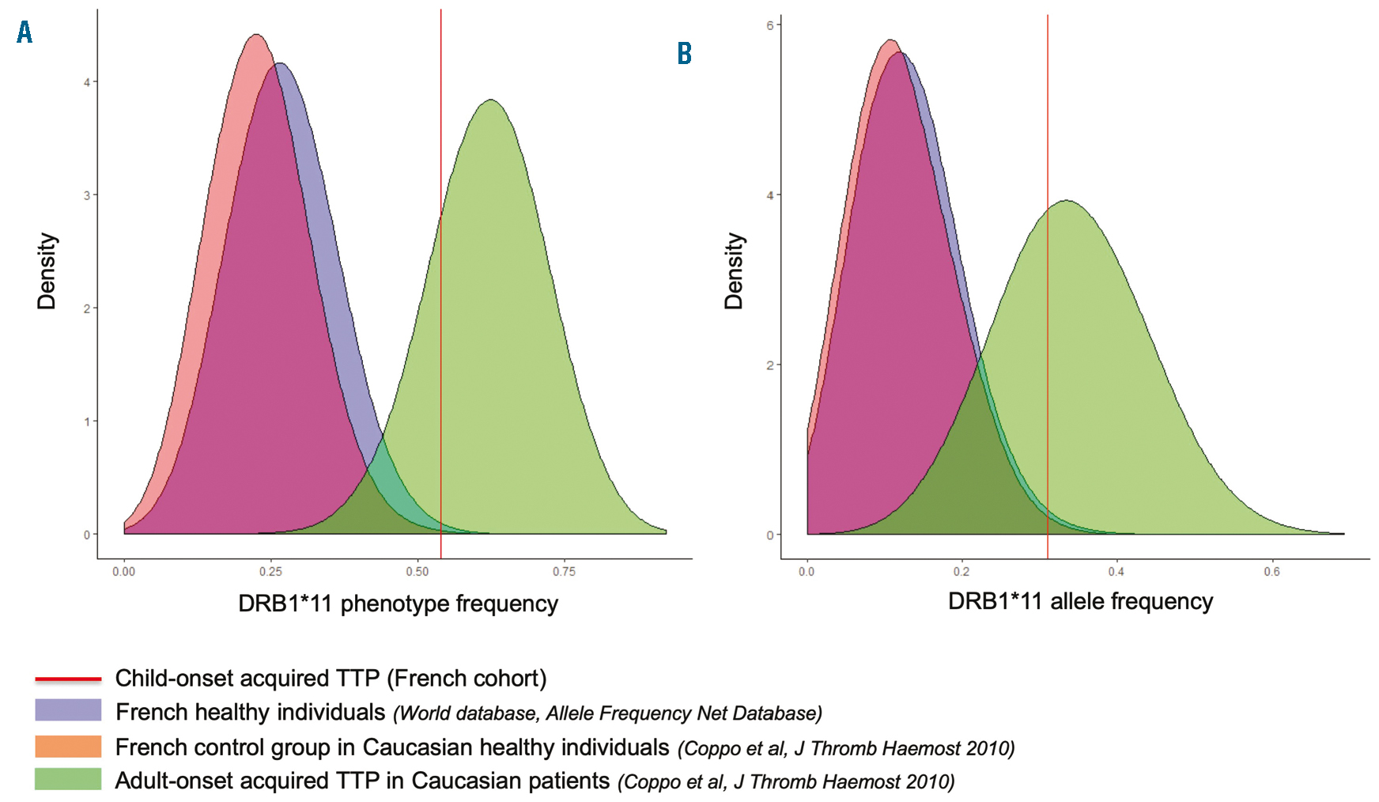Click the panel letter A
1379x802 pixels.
click(x=25, y=32)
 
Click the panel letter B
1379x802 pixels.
click(x=685, y=54)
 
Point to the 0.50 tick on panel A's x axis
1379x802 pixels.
click(x=417, y=571)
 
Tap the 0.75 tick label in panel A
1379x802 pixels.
click(x=564, y=571)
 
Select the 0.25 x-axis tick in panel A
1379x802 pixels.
click(x=270, y=571)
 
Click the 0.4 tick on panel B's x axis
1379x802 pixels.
click(x=1116, y=571)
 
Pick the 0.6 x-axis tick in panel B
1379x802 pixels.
click(x=1271, y=571)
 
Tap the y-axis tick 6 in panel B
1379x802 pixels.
click(x=769, y=25)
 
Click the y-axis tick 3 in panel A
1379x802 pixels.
click(x=87, y=195)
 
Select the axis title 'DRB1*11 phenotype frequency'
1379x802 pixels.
click(x=398, y=604)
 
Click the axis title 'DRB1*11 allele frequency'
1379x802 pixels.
click(x=1080, y=602)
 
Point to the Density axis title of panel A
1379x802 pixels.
click(x=47, y=270)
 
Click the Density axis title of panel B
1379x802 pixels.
click(x=734, y=270)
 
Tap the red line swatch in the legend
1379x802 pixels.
click(x=68, y=679)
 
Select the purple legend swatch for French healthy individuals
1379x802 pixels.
click(x=68, y=710)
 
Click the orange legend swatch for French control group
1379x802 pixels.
click(x=68, y=746)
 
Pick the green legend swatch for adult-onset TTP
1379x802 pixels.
click(x=68, y=779)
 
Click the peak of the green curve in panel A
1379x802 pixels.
click(x=491, y=100)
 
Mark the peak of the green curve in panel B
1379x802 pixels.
click(x=1066, y=201)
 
